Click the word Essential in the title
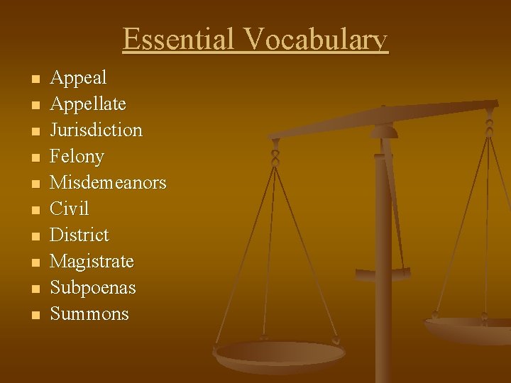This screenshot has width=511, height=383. pos(178,39)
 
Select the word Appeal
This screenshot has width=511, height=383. pos(78,77)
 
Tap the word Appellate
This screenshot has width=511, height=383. pos(88,104)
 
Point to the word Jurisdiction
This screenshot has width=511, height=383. pos(96,131)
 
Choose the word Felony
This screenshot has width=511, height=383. pos(77,157)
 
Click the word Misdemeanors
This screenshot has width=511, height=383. pos(108,182)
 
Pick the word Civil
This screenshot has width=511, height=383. pos(69,209)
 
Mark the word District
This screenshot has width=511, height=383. pos(79,235)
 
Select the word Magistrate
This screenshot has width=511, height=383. pos(92,262)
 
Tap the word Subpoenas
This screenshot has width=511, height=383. pos(92,288)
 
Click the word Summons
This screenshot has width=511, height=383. pos(89,314)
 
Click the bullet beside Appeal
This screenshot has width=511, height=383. pos(36,78)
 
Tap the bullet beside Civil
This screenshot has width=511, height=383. pos(36,210)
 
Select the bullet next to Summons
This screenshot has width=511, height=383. pos(36,315)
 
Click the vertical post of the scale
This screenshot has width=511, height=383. pos(383,284)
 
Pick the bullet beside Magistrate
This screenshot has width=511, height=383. pos(36,262)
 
